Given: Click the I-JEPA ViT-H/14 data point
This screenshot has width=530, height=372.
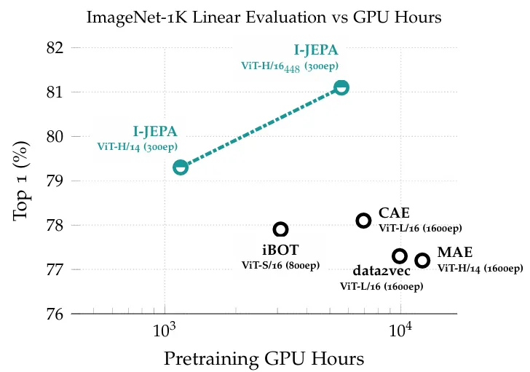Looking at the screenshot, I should [x=181, y=167].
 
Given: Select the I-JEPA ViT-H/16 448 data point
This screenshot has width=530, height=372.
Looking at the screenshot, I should [x=341, y=87].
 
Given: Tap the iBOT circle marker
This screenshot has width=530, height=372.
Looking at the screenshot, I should [x=280, y=229].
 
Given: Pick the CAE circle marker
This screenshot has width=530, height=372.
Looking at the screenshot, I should [x=363, y=220].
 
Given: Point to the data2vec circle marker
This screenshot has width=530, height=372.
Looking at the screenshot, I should [x=400, y=256].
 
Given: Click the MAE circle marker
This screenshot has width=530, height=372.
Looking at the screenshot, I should [x=422, y=260].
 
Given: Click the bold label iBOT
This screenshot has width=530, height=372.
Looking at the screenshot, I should [x=280, y=250].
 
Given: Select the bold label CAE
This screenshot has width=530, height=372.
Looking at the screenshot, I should [x=394, y=213].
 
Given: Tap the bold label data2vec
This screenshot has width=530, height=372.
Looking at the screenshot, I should [x=381, y=272].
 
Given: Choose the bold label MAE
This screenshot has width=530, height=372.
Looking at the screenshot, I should [x=455, y=253].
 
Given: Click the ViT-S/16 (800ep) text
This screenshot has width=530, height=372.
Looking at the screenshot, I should [x=280, y=265].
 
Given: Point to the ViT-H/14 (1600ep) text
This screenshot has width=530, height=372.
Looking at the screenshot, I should [x=480, y=268].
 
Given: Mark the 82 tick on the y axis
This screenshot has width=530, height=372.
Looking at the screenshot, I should [x=55, y=48].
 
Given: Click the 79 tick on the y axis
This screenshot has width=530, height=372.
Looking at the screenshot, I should [x=55, y=181].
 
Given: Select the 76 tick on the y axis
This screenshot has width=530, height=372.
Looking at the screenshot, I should [x=55, y=314].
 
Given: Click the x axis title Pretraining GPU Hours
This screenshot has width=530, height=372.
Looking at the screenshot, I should [x=264, y=359].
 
